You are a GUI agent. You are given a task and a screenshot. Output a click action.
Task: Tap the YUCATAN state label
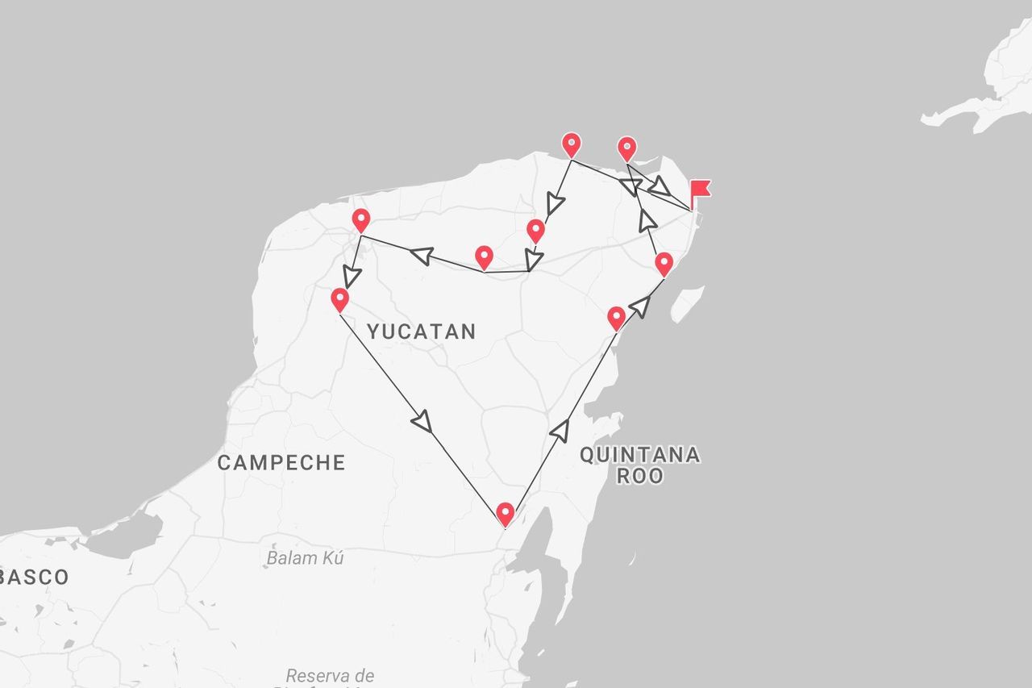pyautogui.click(x=421, y=331)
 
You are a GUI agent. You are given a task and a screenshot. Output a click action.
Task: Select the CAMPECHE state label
pyautogui.click(x=281, y=462)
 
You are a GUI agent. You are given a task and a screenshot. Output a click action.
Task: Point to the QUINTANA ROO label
pyautogui.click(x=640, y=465)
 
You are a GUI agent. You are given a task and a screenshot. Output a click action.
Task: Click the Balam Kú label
pyautogui.click(x=306, y=557)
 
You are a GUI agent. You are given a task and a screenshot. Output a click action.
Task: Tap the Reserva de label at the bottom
pyautogui.click(x=330, y=675)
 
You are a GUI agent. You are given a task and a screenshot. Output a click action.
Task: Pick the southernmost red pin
pyautogui.click(x=506, y=513)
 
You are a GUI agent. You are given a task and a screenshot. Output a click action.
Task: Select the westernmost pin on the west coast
pyautogui.click(x=340, y=299)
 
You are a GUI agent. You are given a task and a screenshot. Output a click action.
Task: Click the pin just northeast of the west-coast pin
pyautogui.click(x=361, y=219)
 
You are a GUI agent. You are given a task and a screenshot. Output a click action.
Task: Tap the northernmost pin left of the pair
pyautogui.click(x=572, y=144)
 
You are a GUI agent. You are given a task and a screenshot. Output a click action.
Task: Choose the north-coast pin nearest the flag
pyautogui.click(x=627, y=148)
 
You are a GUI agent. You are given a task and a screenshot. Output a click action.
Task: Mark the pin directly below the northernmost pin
pyautogui.click(x=535, y=231)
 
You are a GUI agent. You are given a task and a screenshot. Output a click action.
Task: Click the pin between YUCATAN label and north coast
pyautogui.click(x=484, y=257)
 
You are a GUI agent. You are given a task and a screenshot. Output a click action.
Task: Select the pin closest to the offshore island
pyautogui.click(x=664, y=263)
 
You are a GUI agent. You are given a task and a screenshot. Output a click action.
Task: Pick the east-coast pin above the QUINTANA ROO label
pyautogui.click(x=616, y=318)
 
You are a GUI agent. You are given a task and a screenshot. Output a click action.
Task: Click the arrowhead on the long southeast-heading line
pyautogui.click(x=422, y=420)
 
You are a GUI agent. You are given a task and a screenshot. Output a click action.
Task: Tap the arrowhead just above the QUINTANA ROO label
pyautogui.click(x=560, y=429)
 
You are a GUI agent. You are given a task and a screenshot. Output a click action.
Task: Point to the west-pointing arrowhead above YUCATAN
pyautogui.click(x=421, y=255)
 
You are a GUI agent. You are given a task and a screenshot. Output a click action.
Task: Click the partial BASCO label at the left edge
pyautogui.click(x=34, y=577)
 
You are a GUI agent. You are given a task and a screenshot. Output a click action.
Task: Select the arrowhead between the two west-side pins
pyautogui.click(x=351, y=277)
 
